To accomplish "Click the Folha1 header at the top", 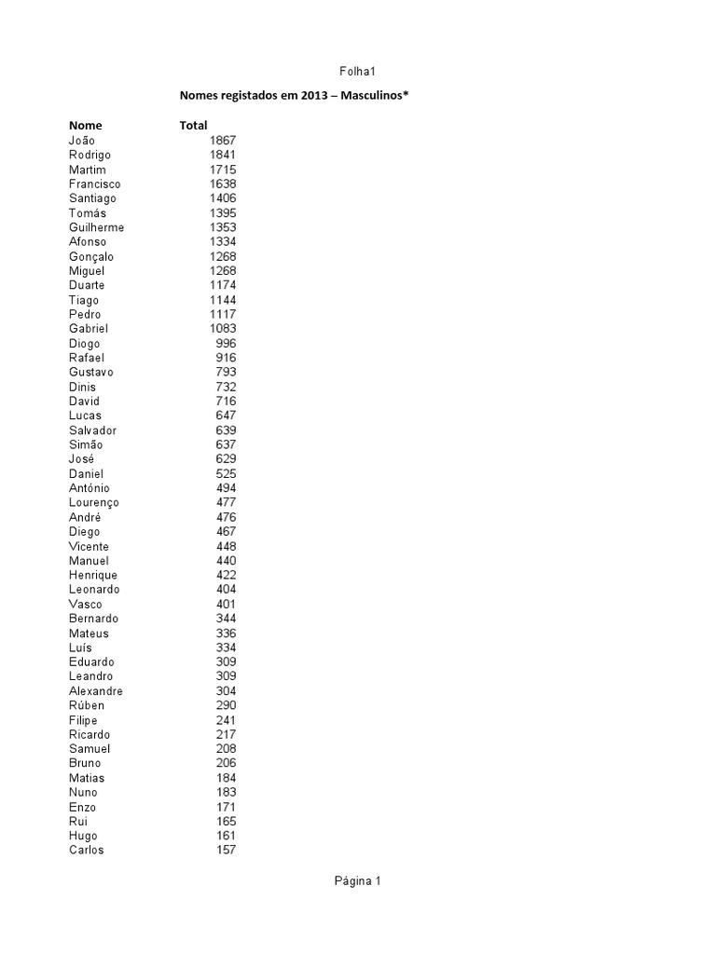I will [358, 71].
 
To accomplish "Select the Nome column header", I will [86, 125].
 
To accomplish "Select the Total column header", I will [193, 125].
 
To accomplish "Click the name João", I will [82, 141].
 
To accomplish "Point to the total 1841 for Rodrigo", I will [223, 155].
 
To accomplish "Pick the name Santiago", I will [92, 198].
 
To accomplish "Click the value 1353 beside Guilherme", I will [223, 227].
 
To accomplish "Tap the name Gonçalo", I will [92, 256].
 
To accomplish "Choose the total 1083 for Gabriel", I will [223, 329].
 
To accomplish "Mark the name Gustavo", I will [91, 373].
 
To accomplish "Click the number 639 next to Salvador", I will [226, 430].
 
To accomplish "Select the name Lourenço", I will [94, 503].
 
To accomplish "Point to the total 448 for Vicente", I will [226, 546].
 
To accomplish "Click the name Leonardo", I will [94, 590].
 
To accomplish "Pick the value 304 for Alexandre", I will [226, 691].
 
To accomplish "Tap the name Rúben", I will [87, 705].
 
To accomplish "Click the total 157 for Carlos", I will [226, 851].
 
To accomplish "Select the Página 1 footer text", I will [358, 881].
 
